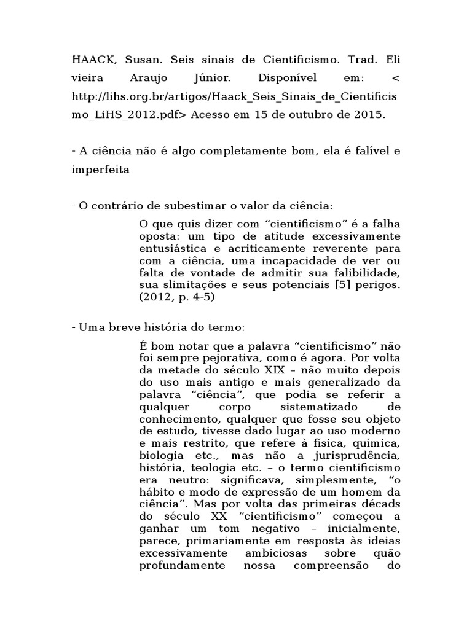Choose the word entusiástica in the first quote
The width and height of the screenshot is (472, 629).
coord(173,248)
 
